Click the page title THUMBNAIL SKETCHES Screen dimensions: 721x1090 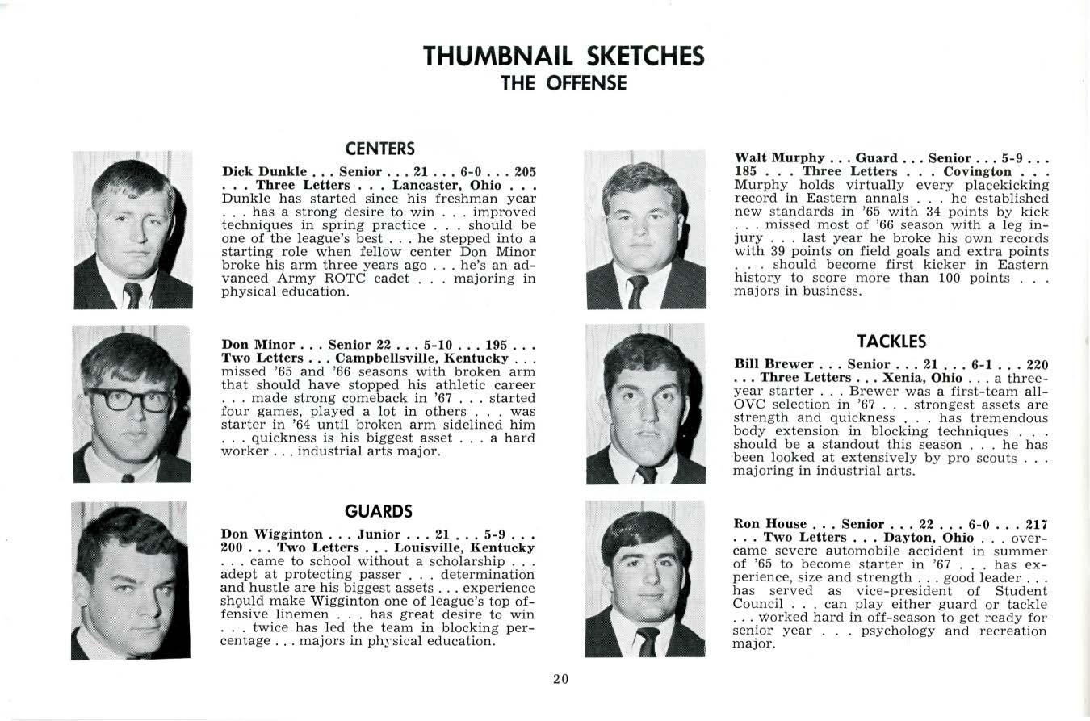tap(564, 56)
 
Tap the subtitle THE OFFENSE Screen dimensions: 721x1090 tap(564, 83)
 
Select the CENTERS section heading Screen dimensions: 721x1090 tap(379, 149)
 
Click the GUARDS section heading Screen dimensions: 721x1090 tap(378, 511)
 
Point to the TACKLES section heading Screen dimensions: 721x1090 tap(891, 342)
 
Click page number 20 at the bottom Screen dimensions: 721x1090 tap(561, 679)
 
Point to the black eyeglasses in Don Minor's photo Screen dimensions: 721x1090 tap(129, 399)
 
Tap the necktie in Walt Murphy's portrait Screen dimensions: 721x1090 tap(638, 291)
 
